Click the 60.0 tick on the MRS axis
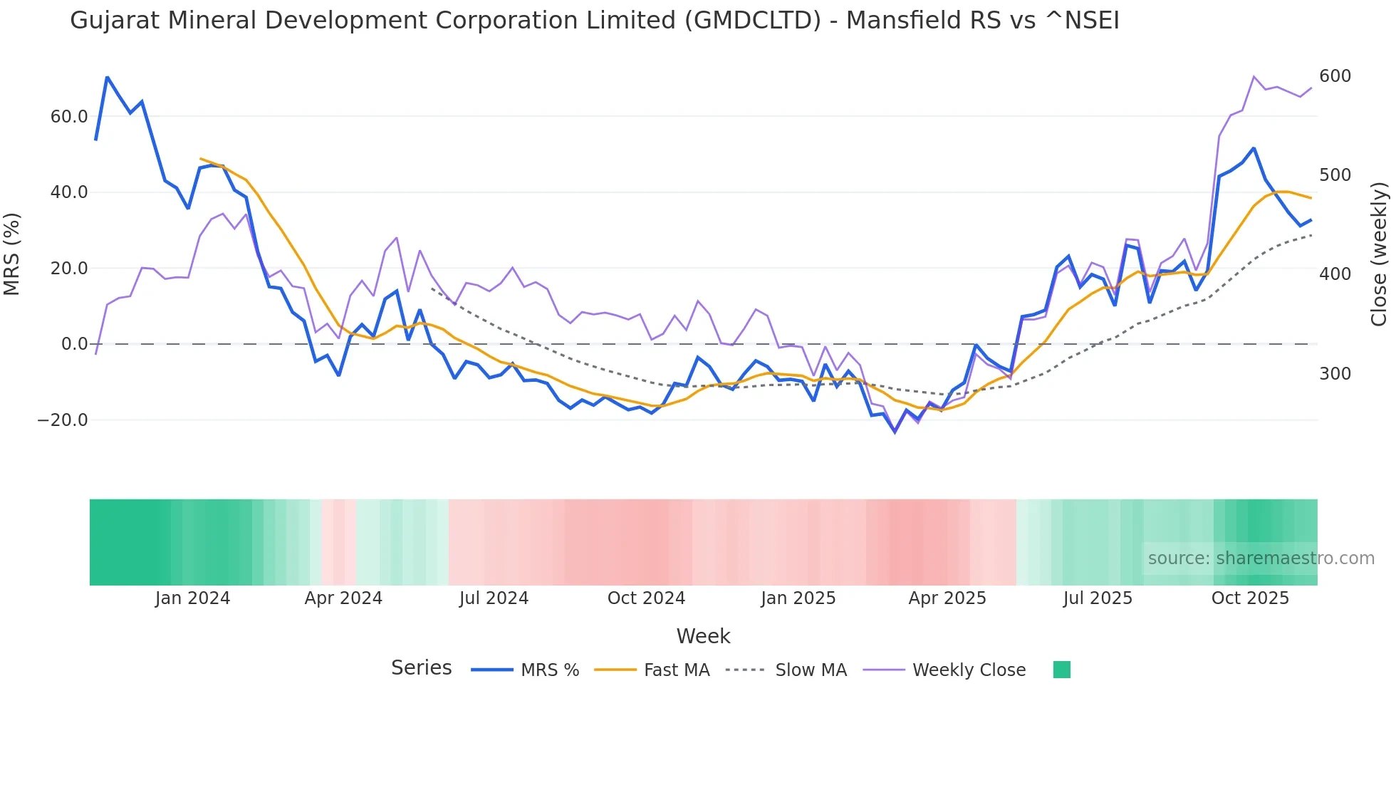[68, 117]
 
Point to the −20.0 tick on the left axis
[63, 420]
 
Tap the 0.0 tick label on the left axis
[74, 344]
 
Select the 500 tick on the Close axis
[1335, 175]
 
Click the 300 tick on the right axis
[1335, 374]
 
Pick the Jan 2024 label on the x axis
[192, 598]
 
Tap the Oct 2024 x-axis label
[646, 598]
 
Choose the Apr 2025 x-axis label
[947, 598]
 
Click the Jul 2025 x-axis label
[1098, 598]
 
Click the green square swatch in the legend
[1061, 670]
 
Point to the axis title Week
[703, 636]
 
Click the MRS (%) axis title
[12, 254]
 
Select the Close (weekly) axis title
[1379, 254]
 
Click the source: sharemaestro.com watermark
[1261, 558]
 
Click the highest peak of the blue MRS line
[107, 77]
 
